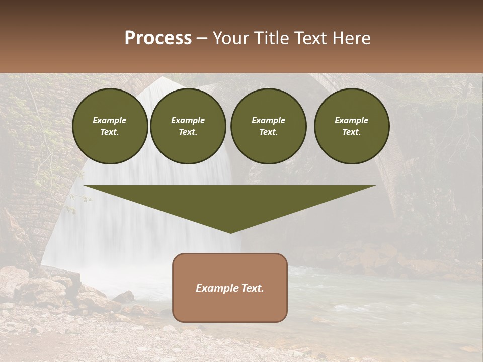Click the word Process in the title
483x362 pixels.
pyautogui.click(x=158, y=38)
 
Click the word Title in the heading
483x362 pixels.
pyautogui.click(x=270, y=38)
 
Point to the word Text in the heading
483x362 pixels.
pyautogui.click(x=310, y=38)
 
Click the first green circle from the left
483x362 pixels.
pyautogui.click(x=110, y=126)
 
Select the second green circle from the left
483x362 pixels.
pyautogui.click(x=188, y=126)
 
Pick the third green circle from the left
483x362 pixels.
pyautogui.click(x=268, y=126)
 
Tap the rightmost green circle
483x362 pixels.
pyautogui.click(x=352, y=126)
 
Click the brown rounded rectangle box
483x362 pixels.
pyautogui.click(x=230, y=288)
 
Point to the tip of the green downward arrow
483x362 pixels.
pyautogui.click(x=230, y=232)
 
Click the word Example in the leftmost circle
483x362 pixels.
pyautogui.click(x=110, y=121)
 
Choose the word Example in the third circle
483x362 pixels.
pyautogui.click(x=268, y=121)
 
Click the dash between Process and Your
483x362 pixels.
pyautogui.click(x=202, y=38)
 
